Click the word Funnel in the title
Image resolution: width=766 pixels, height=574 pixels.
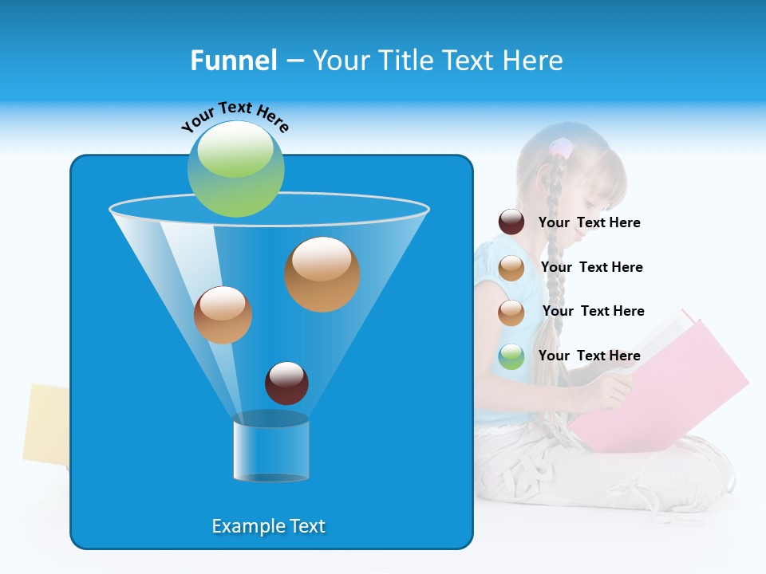click(x=234, y=61)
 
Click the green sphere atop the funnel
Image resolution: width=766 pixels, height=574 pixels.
click(x=236, y=168)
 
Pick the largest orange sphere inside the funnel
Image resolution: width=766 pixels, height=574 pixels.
click(x=322, y=273)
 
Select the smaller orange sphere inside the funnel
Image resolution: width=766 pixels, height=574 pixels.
click(x=223, y=314)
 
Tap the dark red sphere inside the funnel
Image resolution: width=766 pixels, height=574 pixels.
click(x=286, y=383)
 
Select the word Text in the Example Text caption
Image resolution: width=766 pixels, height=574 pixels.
click(x=307, y=526)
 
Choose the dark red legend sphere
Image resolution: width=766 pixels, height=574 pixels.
click(x=511, y=222)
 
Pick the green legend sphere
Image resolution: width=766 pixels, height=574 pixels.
click(x=511, y=356)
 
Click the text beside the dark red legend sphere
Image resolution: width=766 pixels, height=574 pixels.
click(x=590, y=222)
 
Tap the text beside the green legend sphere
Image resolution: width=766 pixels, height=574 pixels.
click(x=590, y=356)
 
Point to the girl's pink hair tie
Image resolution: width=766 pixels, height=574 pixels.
click(x=560, y=147)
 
